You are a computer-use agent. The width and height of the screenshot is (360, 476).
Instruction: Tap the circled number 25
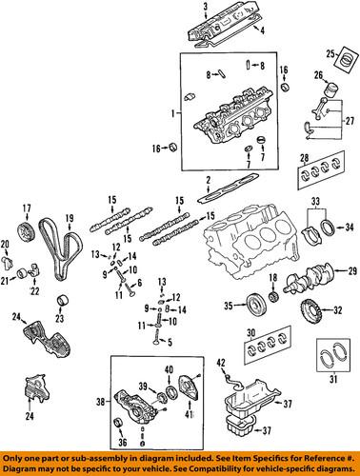point(330,52)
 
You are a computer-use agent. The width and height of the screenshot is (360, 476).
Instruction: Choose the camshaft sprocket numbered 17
point(28,231)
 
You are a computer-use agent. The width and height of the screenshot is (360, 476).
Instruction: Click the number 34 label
point(348,227)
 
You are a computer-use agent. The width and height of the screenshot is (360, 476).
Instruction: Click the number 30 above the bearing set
point(251,332)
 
